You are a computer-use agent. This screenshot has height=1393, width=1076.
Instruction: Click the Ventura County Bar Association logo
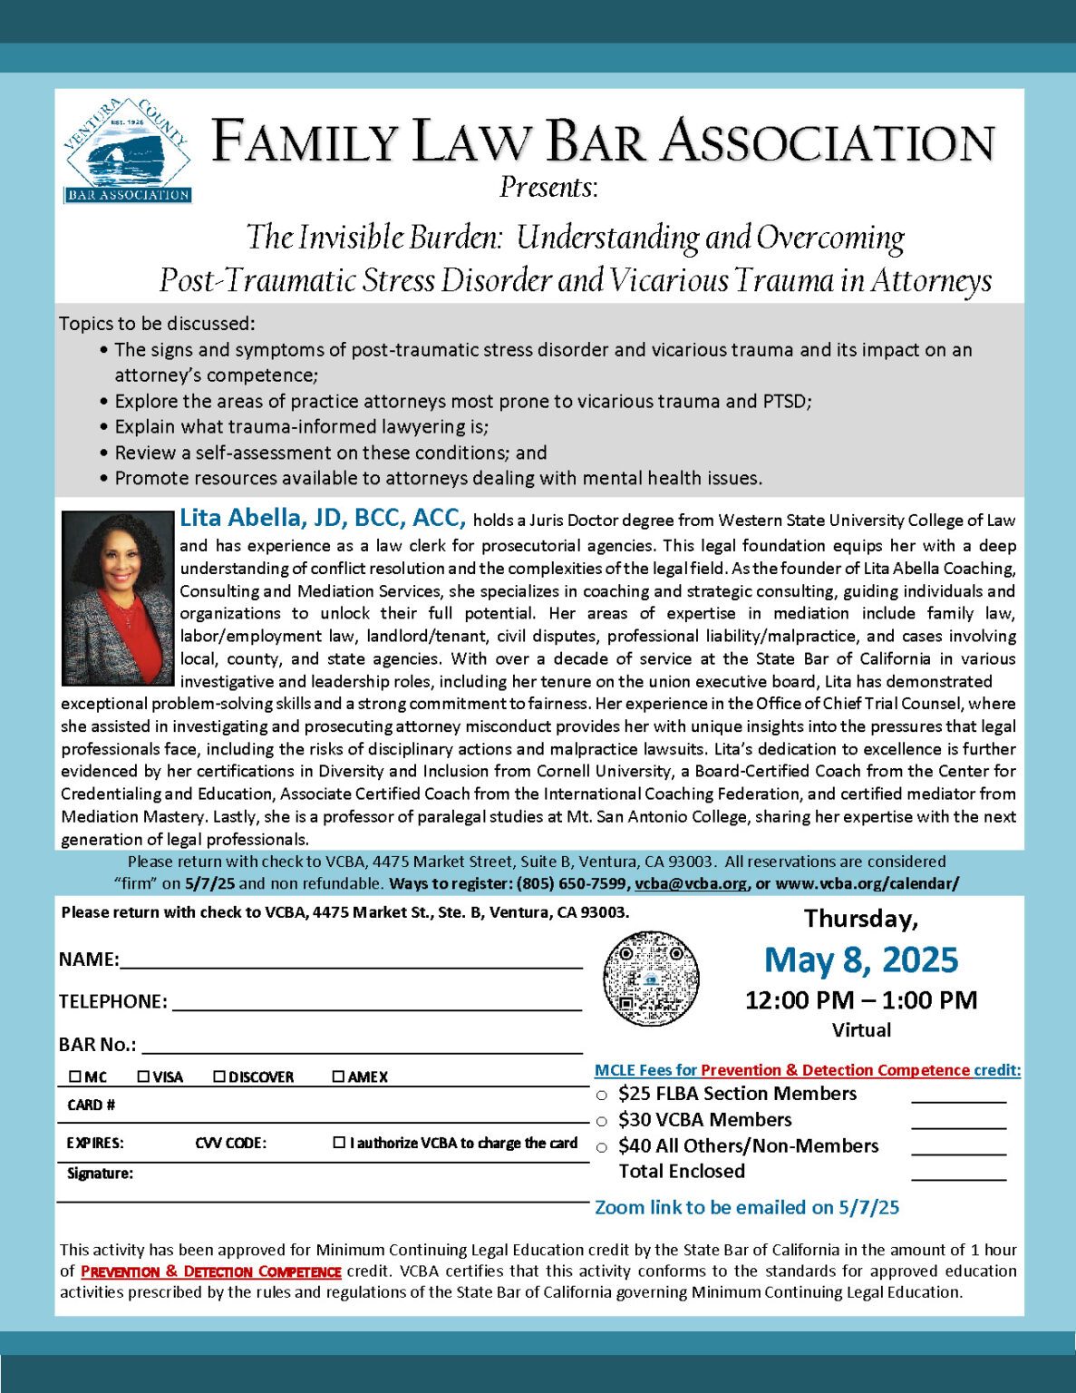tap(127, 151)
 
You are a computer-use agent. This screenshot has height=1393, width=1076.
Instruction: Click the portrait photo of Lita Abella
tap(117, 598)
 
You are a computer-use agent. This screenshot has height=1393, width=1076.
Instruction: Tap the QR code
tap(652, 978)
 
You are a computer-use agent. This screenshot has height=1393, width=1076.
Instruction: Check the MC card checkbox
tap(75, 1076)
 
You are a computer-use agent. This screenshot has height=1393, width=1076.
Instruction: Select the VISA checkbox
tap(143, 1076)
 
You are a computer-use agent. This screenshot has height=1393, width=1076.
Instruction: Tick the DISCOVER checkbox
tap(219, 1076)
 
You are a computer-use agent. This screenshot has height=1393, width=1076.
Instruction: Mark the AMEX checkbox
tap(338, 1076)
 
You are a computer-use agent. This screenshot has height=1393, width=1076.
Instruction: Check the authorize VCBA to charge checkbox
tap(339, 1143)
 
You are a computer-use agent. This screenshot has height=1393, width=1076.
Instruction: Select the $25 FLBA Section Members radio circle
tap(602, 1096)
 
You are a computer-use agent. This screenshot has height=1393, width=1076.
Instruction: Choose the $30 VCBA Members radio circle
tap(602, 1122)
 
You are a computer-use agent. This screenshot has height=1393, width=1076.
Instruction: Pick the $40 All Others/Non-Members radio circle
tap(602, 1148)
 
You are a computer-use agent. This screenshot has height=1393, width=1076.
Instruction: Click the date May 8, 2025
tap(860, 960)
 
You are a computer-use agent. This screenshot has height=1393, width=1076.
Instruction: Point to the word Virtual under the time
tap(861, 1030)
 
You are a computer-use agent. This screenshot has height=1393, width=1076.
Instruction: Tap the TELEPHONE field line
tap(376, 1005)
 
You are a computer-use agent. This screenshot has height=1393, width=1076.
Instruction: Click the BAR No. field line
tap(362, 1048)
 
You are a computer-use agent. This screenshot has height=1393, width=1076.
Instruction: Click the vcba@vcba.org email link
tap(691, 883)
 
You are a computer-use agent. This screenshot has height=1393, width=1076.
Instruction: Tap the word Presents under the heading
tap(548, 188)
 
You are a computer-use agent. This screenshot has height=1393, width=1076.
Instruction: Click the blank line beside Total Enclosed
tap(958, 1174)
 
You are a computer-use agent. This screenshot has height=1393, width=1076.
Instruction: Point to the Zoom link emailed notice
tap(747, 1207)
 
